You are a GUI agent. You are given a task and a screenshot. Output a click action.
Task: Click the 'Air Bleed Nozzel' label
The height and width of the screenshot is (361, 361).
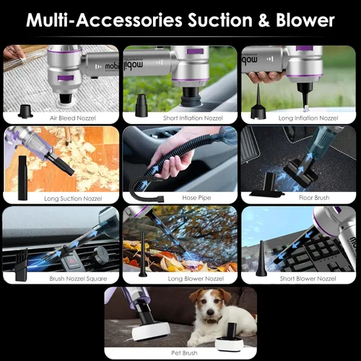[x=73, y=118]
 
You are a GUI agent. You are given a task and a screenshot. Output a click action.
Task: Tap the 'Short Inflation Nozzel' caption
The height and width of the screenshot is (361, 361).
[x=193, y=118]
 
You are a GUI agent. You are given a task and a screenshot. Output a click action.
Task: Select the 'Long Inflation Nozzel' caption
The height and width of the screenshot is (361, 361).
[x=308, y=118]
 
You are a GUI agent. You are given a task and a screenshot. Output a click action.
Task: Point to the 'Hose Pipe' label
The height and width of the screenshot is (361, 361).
[x=196, y=198]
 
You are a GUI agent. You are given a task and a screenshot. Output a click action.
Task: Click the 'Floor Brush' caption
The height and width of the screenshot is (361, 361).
[x=314, y=198]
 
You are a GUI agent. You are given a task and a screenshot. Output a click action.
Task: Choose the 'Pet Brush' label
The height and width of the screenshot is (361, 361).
[x=184, y=353]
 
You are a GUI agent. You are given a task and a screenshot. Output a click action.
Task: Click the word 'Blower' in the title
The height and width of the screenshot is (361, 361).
[x=305, y=20]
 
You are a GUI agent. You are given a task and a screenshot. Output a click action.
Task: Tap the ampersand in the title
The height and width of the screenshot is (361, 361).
[x=264, y=21]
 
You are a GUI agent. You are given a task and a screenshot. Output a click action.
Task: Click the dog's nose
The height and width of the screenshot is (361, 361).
[x=211, y=312]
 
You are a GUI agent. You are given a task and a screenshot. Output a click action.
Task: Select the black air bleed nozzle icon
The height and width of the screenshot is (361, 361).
[x=25, y=111]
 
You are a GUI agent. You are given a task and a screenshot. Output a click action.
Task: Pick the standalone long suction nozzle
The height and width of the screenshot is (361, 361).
[x=22, y=178]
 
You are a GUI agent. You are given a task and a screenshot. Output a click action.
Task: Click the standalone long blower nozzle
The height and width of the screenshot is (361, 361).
[x=143, y=254]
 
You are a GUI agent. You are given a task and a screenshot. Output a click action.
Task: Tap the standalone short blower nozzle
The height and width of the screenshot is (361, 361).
[x=261, y=259]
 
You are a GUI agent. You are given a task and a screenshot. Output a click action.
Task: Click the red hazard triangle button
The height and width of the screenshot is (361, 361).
[x=72, y=261]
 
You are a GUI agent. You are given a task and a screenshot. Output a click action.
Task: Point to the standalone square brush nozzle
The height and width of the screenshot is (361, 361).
[x=21, y=265]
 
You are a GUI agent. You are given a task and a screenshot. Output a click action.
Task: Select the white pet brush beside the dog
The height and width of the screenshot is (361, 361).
[x=227, y=337]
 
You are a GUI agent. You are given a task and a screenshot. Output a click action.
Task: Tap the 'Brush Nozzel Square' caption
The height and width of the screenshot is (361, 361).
[x=78, y=279]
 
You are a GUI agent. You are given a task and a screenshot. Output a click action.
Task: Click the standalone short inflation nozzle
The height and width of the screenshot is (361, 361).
[x=142, y=105]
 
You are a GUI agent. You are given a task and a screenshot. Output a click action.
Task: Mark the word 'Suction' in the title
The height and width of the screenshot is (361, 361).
[x=220, y=20]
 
